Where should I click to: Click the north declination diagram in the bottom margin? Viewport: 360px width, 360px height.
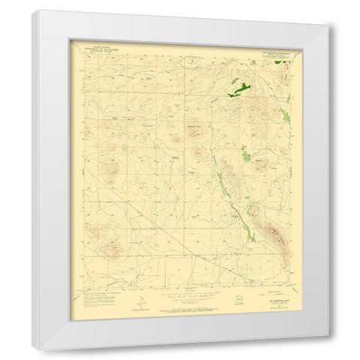137,300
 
